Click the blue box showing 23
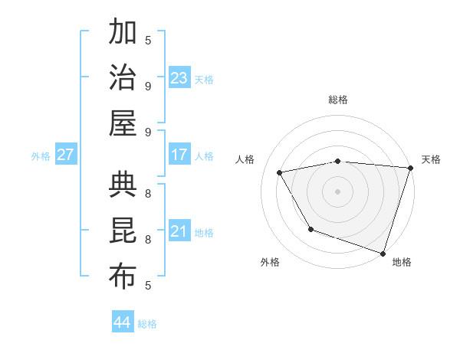pyautogui.click(x=179, y=78)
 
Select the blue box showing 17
pyautogui.click(x=179, y=155)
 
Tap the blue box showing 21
pyautogui.click(x=179, y=231)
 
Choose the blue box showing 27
pyautogui.click(x=66, y=155)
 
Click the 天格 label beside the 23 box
pyautogui.click(x=204, y=80)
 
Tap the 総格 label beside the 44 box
pyautogui.click(x=147, y=324)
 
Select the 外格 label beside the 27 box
pyautogui.click(x=41, y=156)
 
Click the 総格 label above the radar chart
pyautogui.click(x=337, y=100)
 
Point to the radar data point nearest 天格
pyautogui.click(x=410, y=168)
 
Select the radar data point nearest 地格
pyautogui.click(x=383, y=253)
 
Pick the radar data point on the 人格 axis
pyautogui.click(x=280, y=172)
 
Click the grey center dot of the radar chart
pyautogui.click(x=337, y=191)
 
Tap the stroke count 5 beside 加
pyautogui.click(x=148, y=41)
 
